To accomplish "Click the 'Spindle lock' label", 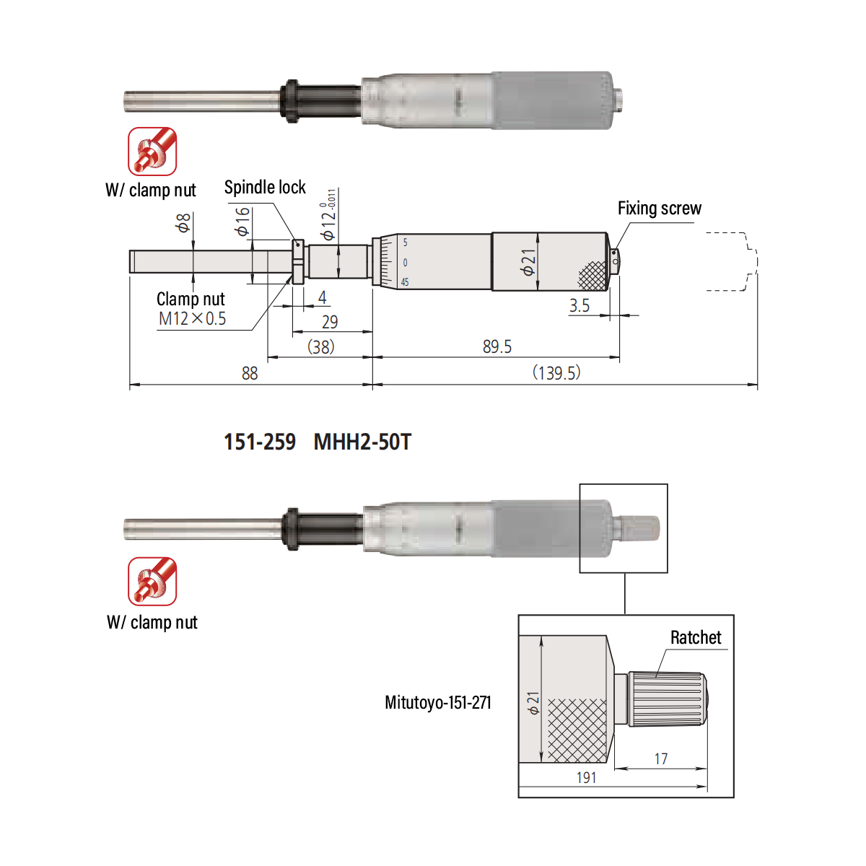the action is click(265, 187).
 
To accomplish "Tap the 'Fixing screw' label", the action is click(660, 208).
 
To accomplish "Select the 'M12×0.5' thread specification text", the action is click(192, 319).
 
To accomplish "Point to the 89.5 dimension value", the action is click(497, 346).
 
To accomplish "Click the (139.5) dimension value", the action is click(556, 372).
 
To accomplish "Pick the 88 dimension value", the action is click(250, 373).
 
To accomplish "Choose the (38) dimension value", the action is click(321, 346).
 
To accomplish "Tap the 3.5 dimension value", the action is click(579, 305).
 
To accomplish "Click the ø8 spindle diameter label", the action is click(183, 223).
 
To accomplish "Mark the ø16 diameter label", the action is click(242, 221).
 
